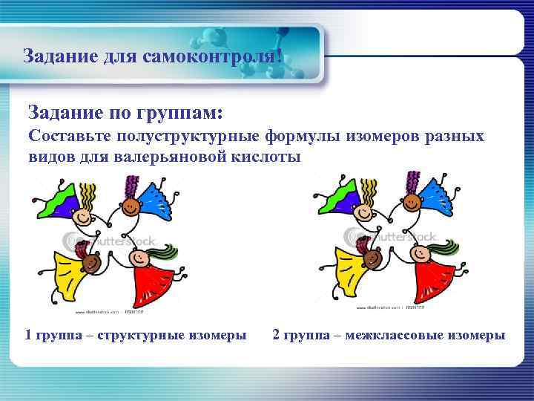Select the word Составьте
[65, 137]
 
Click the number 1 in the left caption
[28, 335]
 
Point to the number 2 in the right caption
[276, 335]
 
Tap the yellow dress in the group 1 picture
[63, 275]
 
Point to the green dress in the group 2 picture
[333, 203]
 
